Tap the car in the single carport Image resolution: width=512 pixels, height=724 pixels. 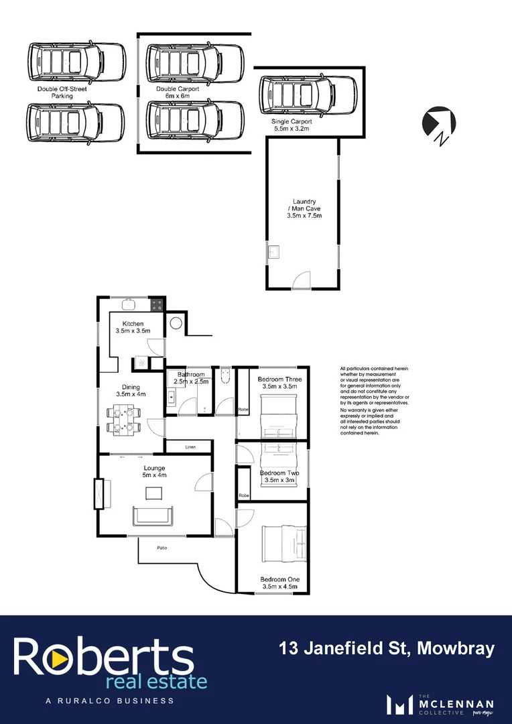click(x=309, y=97)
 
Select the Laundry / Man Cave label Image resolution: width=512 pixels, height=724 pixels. click(x=304, y=208)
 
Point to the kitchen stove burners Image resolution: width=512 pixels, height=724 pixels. click(x=157, y=305)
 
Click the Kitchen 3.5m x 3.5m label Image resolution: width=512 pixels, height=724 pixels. click(x=133, y=328)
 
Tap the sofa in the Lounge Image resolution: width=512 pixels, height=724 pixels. click(x=153, y=516)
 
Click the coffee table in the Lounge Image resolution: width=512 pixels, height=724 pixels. click(x=153, y=493)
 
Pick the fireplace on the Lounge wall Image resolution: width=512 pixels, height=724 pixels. click(x=99, y=494)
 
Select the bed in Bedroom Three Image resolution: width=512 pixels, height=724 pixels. click(x=277, y=414)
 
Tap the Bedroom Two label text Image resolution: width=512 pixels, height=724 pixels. click(x=279, y=477)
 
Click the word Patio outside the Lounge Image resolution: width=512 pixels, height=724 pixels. click(x=162, y=548)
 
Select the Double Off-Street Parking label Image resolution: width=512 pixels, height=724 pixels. click(x=62, y=93)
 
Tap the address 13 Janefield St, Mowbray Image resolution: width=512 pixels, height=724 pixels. click(x=387, y=648)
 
